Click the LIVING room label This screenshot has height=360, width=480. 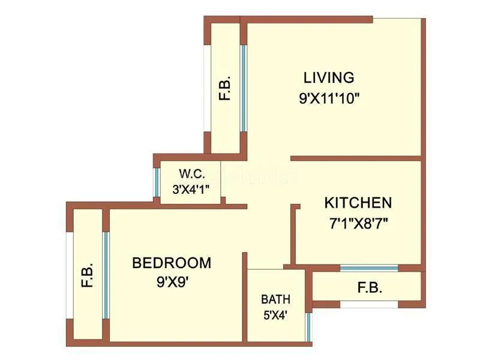[329, 77]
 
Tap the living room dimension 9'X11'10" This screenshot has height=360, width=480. [329, 98]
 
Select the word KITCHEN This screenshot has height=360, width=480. [358, 203]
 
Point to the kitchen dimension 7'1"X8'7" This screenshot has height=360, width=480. [358, 224]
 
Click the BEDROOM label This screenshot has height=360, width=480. [172, 263]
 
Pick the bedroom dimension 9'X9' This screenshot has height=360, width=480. [172, 281]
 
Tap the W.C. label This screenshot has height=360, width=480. [193, 175]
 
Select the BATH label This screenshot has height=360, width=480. [275, 299]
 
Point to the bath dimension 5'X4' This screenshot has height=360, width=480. [275, 315]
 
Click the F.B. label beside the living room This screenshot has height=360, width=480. [225, 89]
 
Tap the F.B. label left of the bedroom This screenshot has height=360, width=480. [88, 275]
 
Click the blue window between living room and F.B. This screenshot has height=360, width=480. [244, 88]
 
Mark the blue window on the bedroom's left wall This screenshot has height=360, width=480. [106, 275]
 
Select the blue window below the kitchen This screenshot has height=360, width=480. [368, 268]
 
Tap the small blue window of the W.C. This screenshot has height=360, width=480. [157, 181]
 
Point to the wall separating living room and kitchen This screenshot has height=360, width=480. [355, 158]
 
